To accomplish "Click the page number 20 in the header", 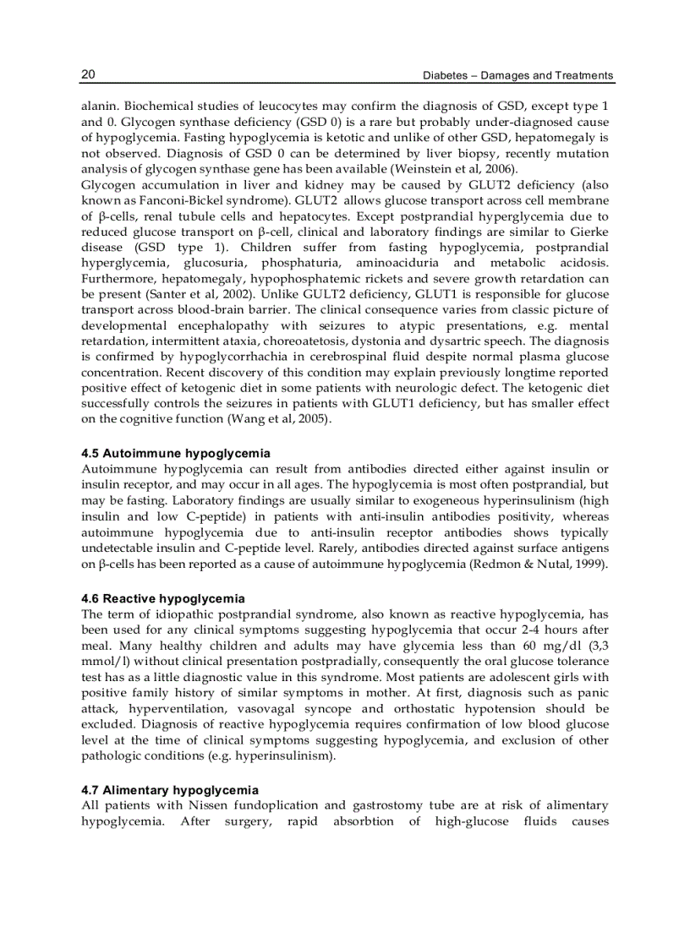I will [88, 74].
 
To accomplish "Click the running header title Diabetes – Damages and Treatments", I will [517, 75].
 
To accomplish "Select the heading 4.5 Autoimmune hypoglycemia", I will [176, 454].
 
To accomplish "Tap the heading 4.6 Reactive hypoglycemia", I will [163, 598].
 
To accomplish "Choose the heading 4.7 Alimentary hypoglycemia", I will [170, 790].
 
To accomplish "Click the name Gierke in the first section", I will [589, 232].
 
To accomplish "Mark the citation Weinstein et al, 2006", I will [449, 169].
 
